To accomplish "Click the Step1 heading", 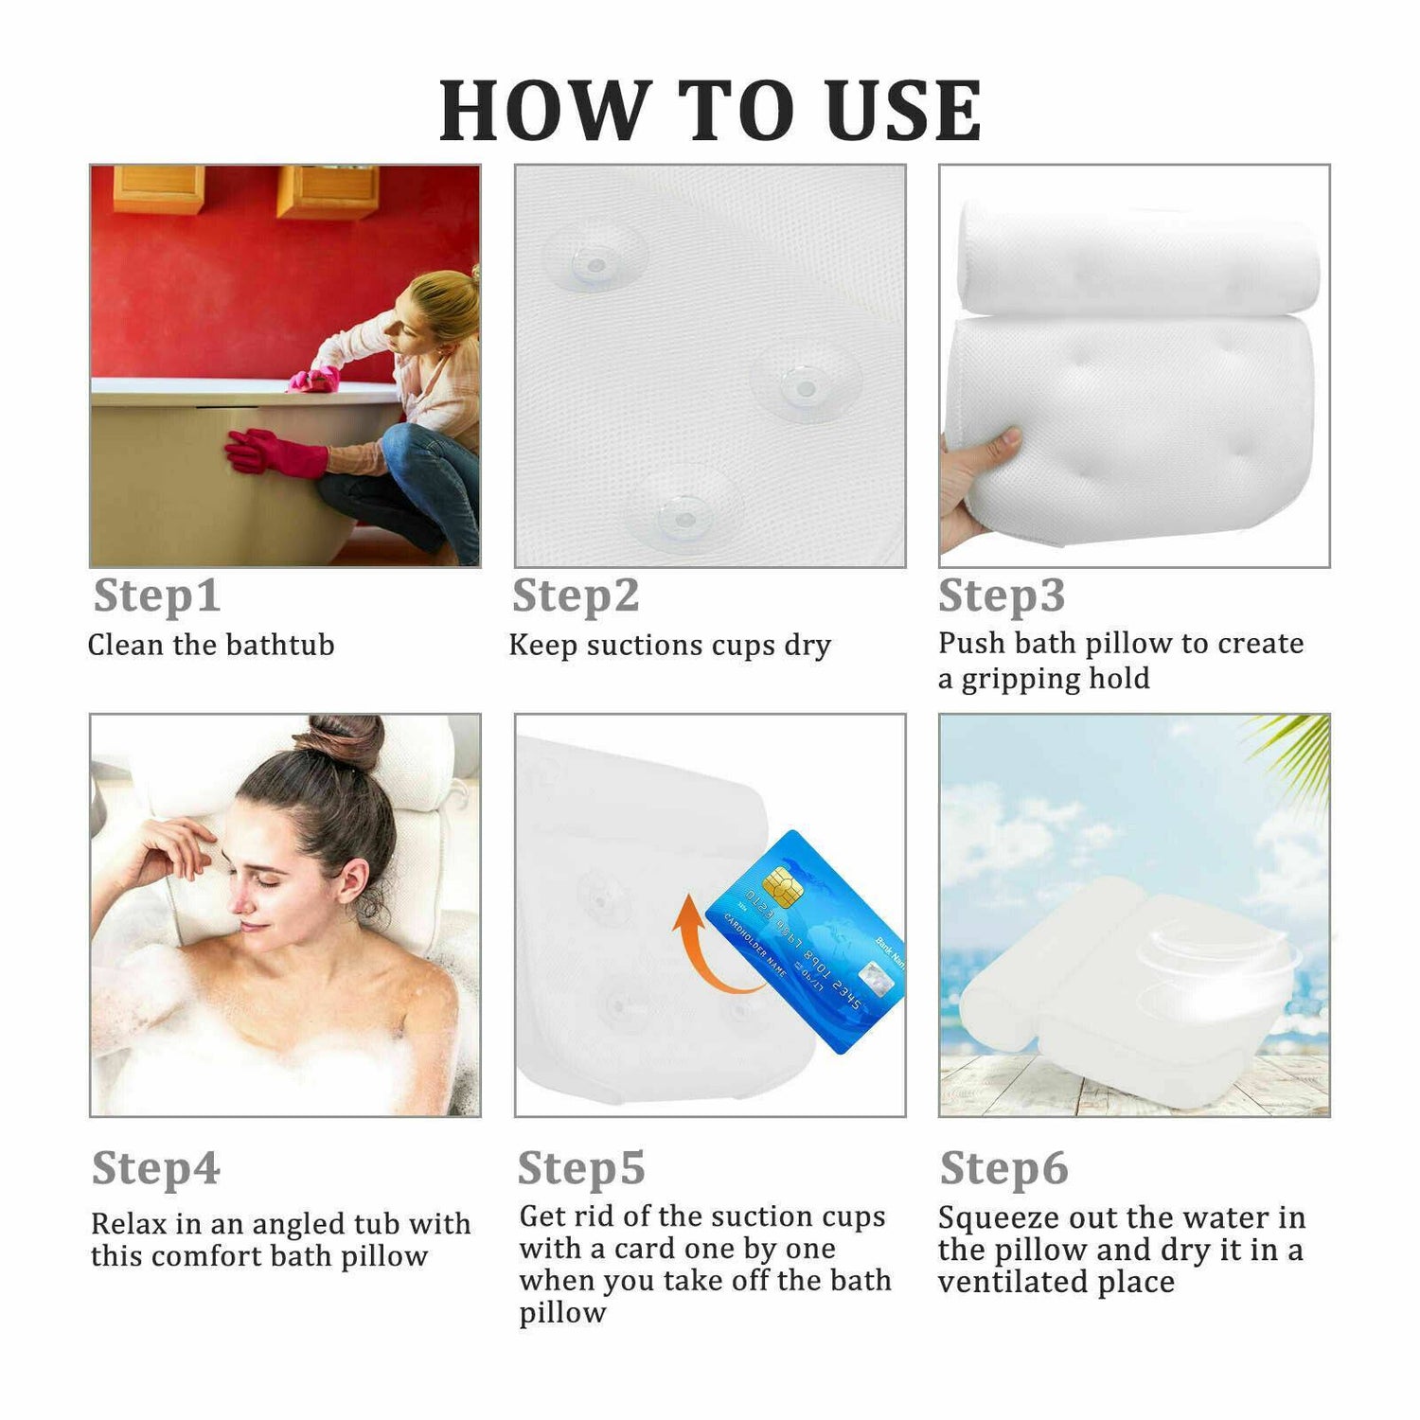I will click(x=156, y=595).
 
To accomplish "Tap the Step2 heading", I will click(x=576, y=595).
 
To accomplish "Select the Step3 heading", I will click(x=1002, y=595).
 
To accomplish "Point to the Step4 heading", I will click(x=156, y=1168).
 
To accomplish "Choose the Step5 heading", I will click(x=581, y=1168).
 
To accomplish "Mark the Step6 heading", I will click(x=1003, y=1168).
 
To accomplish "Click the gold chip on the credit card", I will click(x=783, y=884).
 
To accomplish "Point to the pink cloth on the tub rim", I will click(x=314, y=380).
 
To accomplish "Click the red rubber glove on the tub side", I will click(x=275, y=453).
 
